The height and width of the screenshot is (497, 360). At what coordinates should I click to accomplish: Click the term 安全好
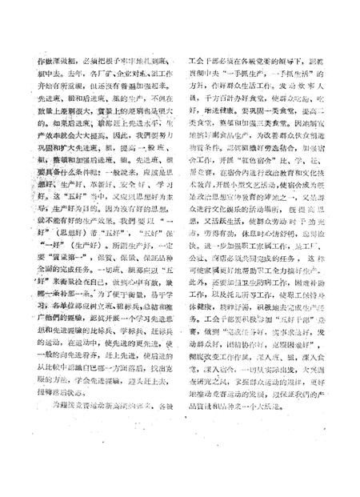(x=128, y=189)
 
